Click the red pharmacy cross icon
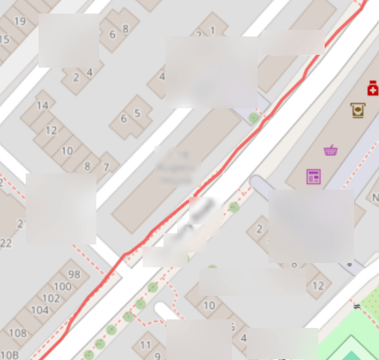point(372,88)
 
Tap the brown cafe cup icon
point(358,110)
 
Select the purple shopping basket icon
point(330,150)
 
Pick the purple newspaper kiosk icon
point(313,176)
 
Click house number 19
point(19,21)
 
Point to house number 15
point(4,38)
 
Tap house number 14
point(42,106)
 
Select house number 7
point(106,168)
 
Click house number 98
point(74,274)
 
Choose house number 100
point(63,287)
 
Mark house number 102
point(51,299)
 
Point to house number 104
point(40,310)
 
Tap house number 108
point(17,333)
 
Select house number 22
point(6,243)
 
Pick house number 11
point(146,345)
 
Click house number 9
point(158,355)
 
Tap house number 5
point(137,113)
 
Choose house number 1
point(213,31)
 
